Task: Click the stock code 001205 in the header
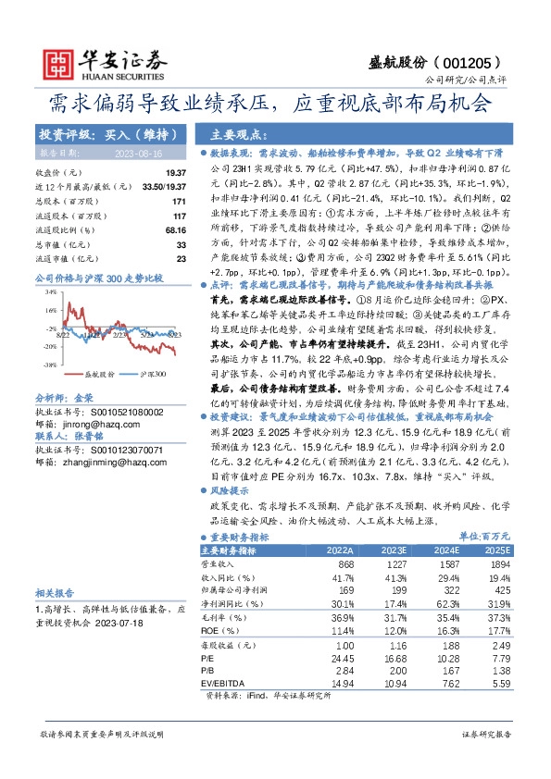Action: [475, 63]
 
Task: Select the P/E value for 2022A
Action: [342, 658]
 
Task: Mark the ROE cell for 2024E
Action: [447, 630]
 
